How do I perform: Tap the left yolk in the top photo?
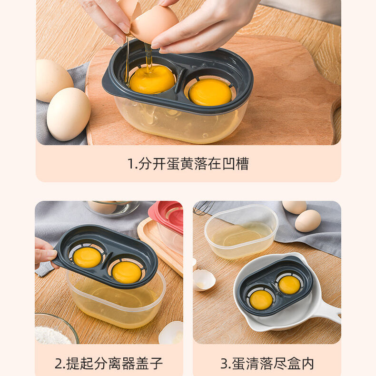click(152, 79)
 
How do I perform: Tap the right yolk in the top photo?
click(210, 92)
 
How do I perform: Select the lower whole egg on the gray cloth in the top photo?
click(69, 114)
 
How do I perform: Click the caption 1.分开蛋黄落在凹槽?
click(188, 164)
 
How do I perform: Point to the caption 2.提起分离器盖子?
click(109, 364)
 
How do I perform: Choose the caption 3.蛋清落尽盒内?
click(267, 364)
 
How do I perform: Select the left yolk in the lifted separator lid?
click(87, 257)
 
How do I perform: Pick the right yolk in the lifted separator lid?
click(127, 272)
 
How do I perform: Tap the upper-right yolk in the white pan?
click(289, 285)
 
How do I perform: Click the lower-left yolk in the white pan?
click(261, 300)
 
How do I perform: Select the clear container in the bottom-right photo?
click(241, 231)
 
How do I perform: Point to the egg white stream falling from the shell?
click(148, 57)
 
